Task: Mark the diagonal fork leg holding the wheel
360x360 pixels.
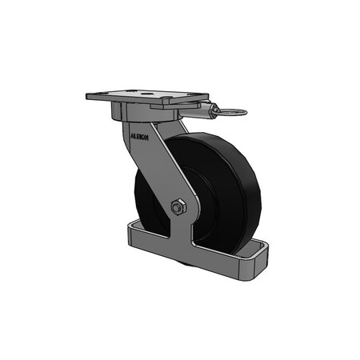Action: (160, 172)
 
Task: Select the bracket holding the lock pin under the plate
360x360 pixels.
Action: (196, 114)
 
